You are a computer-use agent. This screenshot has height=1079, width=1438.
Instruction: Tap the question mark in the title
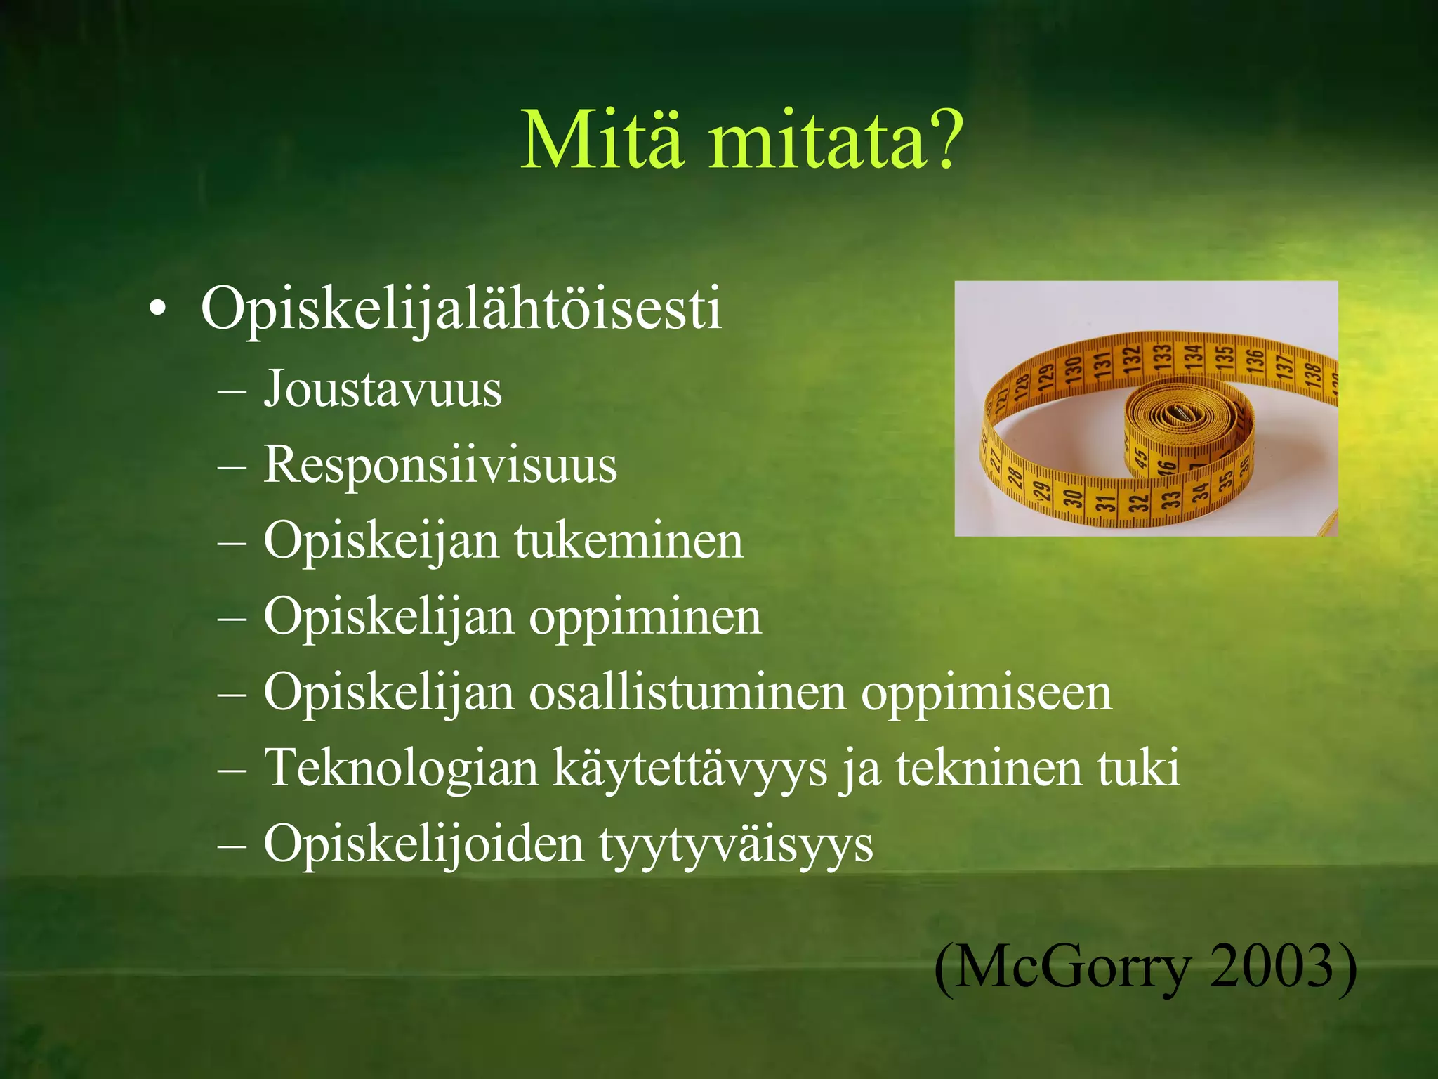coord(941,140)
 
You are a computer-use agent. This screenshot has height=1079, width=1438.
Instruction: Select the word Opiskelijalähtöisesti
coord(461,309)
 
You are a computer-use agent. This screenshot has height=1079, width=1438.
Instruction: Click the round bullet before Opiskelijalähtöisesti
coord(158,310)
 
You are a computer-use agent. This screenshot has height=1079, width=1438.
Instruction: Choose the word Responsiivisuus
coord(440,465)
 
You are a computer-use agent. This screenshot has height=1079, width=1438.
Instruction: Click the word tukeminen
coord(628,541)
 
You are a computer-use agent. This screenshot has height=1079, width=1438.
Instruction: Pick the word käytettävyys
coord(690,769)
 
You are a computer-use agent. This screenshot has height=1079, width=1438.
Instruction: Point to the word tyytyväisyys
coord(735,845)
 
